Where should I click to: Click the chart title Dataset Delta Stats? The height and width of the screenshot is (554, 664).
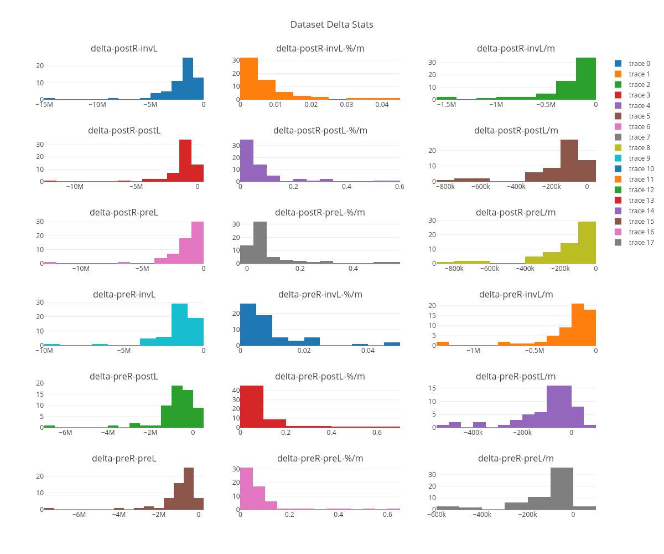coord(332,24)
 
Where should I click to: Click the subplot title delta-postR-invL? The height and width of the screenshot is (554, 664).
coord(124,48)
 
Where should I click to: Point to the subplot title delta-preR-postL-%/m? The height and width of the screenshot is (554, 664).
coord(320,376)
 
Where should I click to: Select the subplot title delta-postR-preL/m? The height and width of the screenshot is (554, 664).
coord(516,212)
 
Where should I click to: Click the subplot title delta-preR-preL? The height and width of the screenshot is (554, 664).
coord(124,458)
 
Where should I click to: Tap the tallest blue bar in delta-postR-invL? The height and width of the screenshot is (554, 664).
coord(188,79)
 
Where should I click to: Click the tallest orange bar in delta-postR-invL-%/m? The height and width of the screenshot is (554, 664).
coord(249,79)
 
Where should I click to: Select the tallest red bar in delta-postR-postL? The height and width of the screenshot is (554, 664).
coord(185,161)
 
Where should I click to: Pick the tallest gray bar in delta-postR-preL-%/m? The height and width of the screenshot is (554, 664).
coord(260,243)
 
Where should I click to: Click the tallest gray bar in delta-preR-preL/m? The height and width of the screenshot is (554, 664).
coord(562,489)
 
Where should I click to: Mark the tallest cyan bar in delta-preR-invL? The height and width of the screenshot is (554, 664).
coord(179,325)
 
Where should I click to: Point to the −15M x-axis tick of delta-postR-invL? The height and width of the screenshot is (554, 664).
coord(44,104)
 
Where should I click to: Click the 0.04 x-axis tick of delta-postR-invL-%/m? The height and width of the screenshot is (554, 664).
coord(382,104)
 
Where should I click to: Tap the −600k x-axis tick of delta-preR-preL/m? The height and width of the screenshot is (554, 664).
coord(437,514)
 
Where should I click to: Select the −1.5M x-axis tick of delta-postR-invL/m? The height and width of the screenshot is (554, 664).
coord(447,104)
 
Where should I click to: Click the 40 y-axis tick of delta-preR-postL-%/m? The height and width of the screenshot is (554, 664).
coord(236,391)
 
